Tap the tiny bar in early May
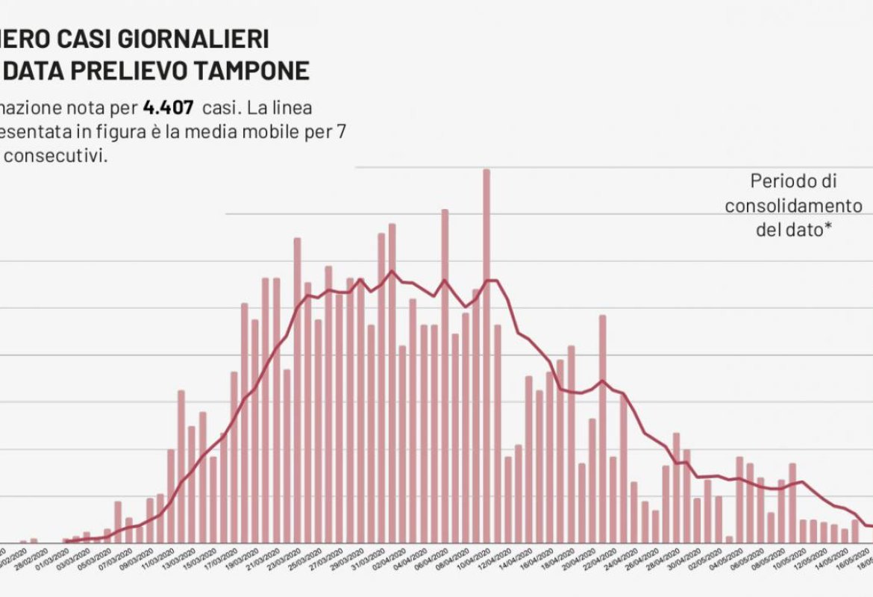coord(729,539)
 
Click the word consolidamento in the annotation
coord(793,205)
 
